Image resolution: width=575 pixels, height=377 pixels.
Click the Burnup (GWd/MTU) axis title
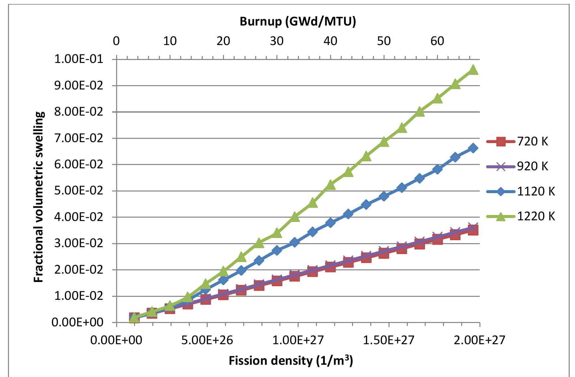(x=298, y=22)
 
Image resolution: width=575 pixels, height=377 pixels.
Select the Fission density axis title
(x=291, y=360)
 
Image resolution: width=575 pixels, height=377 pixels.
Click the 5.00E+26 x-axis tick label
(x=207, y=340)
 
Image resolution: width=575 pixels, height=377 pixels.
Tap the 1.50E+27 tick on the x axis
(x=389, y=340)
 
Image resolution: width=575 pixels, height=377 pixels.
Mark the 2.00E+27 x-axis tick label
(x=479, y=340)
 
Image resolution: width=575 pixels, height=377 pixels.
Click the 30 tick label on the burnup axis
(x=277, y=41)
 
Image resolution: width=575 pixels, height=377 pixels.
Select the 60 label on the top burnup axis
(x=437, y=41)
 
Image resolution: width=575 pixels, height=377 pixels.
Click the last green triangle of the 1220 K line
(x=473, y=70)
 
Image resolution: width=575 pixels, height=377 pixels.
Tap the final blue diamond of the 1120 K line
(x=473, y=148)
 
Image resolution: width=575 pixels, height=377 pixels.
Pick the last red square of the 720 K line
(x=473, y=230)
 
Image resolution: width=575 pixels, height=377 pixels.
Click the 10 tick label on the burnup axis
(x=170, y=41)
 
